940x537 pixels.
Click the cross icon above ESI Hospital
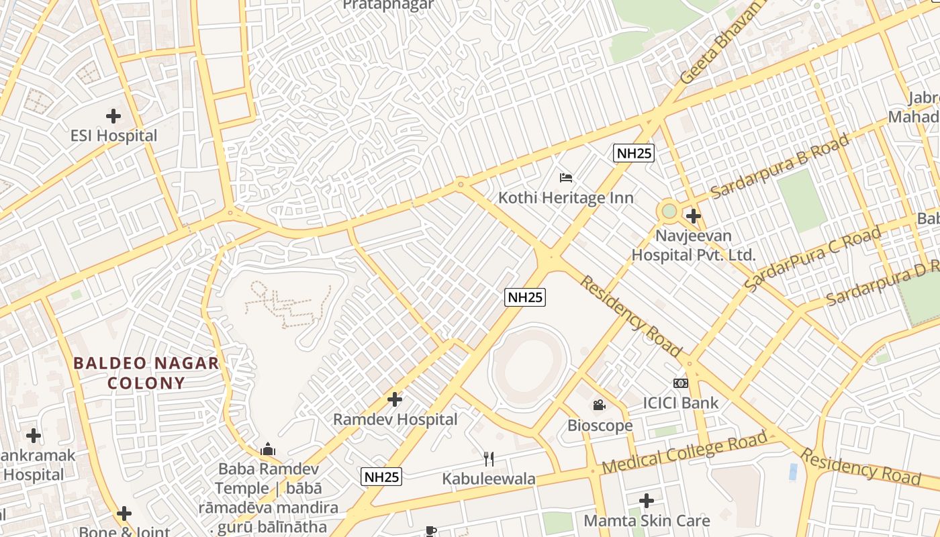pos(113,116)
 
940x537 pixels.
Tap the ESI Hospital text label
pos(113,136)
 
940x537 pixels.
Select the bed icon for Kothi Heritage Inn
pos(566,178)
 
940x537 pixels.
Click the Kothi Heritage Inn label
pos(565,198)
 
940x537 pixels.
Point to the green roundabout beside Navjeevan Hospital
pos(669,211)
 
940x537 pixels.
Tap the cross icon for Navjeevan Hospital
pos(694,216)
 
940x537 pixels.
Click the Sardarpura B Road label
pos(780,166)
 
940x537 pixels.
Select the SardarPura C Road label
pos(812,259)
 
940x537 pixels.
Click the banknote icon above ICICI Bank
pos(681,383)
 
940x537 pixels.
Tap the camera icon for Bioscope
pos(600,405)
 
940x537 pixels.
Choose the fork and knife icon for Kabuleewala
pos(489,459)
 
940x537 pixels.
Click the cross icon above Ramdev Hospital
pos(395,400)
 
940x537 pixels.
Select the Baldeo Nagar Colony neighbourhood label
pos(146,373)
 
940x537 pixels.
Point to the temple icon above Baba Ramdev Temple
pos(268,449)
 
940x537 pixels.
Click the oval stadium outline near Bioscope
pos(530,367)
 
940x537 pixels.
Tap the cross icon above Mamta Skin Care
pos(647,501)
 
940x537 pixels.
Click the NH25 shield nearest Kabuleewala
pos(381,477)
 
